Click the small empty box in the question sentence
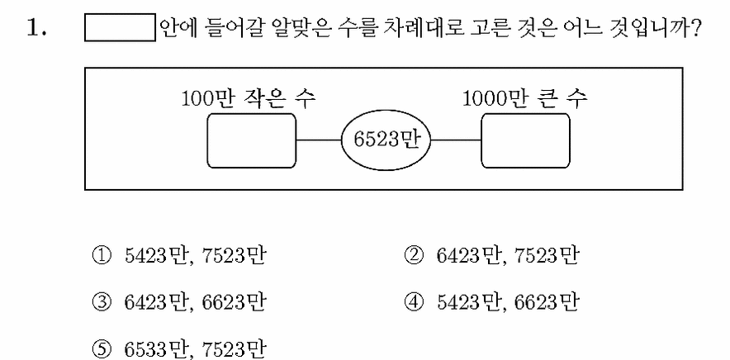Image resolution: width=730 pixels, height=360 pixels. pyautogui.click(x=120, y=28)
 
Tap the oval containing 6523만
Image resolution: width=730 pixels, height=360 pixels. pyautogui.click(x=386, y=140)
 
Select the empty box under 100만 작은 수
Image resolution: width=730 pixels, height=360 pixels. pyautogui.click(x=251, y=140)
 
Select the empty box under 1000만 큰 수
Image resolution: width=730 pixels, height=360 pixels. pyautogui.click(x=525, y=140)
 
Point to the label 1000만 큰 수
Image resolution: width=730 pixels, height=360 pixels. pyautogui.click(x=525, y=99)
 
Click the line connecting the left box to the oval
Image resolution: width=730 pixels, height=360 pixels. pyautogui.click(x=319, y=140)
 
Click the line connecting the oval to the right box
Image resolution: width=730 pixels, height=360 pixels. pyautogui.click(x=456, y=140)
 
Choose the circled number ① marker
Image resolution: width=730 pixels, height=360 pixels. pyautogui.click(x=102, y=256)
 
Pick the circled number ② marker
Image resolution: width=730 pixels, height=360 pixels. pyautogui.click(x=415, y=256)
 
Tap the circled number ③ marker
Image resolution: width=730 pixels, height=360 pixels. pyautogui.click(x=102, y=303)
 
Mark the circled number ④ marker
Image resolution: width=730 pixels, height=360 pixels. pyautogui.click(x=415, y=303)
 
